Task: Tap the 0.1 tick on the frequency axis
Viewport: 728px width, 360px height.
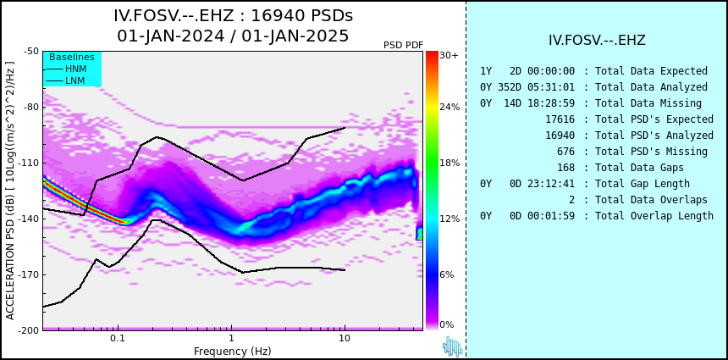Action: (x=118, y=339)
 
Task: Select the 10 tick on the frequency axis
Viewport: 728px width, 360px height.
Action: (x=345, y=339)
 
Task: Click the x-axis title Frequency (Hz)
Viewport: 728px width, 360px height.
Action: (x=233, y=351)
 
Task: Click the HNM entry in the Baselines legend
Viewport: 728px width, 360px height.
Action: (x=75, y=69)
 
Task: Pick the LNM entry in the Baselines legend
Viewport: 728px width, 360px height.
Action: (x=75, y=80)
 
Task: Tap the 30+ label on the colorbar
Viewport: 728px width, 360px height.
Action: (x=449, y=56)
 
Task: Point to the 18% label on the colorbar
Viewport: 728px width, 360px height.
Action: (x=449, y=163)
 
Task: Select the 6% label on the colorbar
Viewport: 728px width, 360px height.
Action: (x=447, y=274)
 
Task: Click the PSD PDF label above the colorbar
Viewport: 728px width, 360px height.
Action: (x=403, y=45)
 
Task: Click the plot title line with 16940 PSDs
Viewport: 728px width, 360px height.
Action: (x=233, y=16)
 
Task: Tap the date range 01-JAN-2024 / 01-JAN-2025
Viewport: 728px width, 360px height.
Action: (x=233, y=36)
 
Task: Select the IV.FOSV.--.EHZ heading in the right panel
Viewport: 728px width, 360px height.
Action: (x=597, y=40)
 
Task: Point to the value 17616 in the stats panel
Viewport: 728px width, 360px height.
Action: (x=560, y=119)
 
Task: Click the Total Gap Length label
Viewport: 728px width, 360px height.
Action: (x=643, y=184)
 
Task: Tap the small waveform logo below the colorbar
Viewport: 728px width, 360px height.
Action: (x=452, y=346)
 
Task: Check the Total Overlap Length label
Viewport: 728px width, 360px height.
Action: (x=654, y=216)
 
